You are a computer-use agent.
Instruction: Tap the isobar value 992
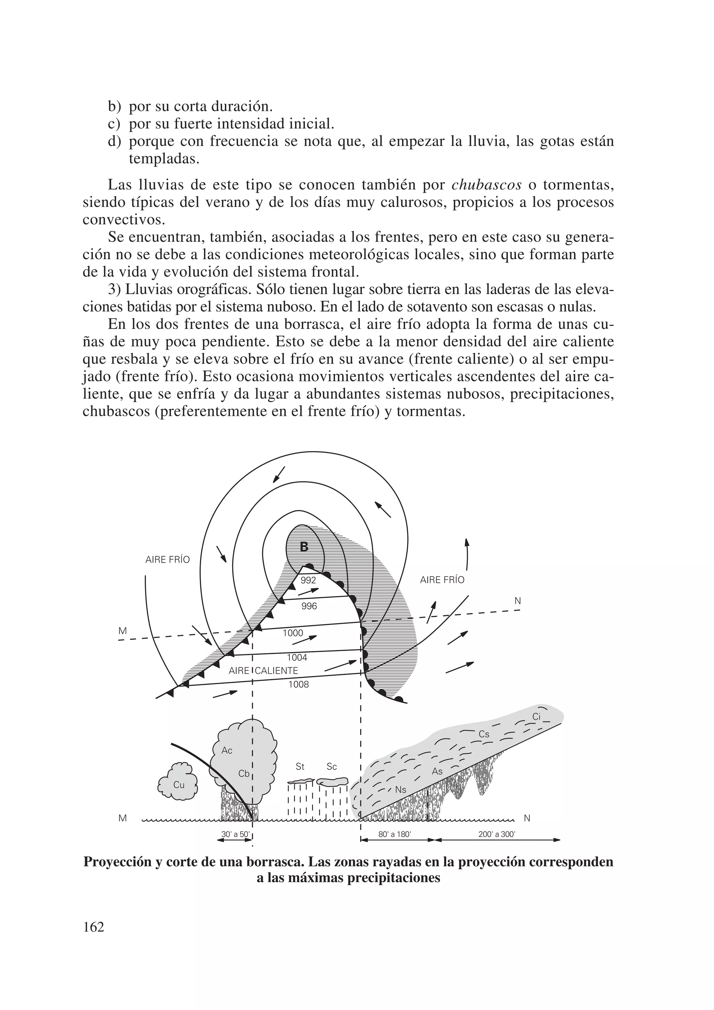(308, 580)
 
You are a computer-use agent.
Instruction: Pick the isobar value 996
(309, 606)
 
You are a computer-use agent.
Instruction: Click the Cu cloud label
(179, 785)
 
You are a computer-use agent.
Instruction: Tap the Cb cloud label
(244, 773)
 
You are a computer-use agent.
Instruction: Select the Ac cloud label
(227, 750)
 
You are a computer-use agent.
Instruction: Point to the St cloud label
(300, 767)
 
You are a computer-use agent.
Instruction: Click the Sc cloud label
(332, 767)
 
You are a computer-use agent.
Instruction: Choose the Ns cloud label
(401, 790)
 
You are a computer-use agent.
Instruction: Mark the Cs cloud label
(484, 734)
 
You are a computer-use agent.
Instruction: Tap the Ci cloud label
(537, 717)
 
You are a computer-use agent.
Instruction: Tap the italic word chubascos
(487, 185)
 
